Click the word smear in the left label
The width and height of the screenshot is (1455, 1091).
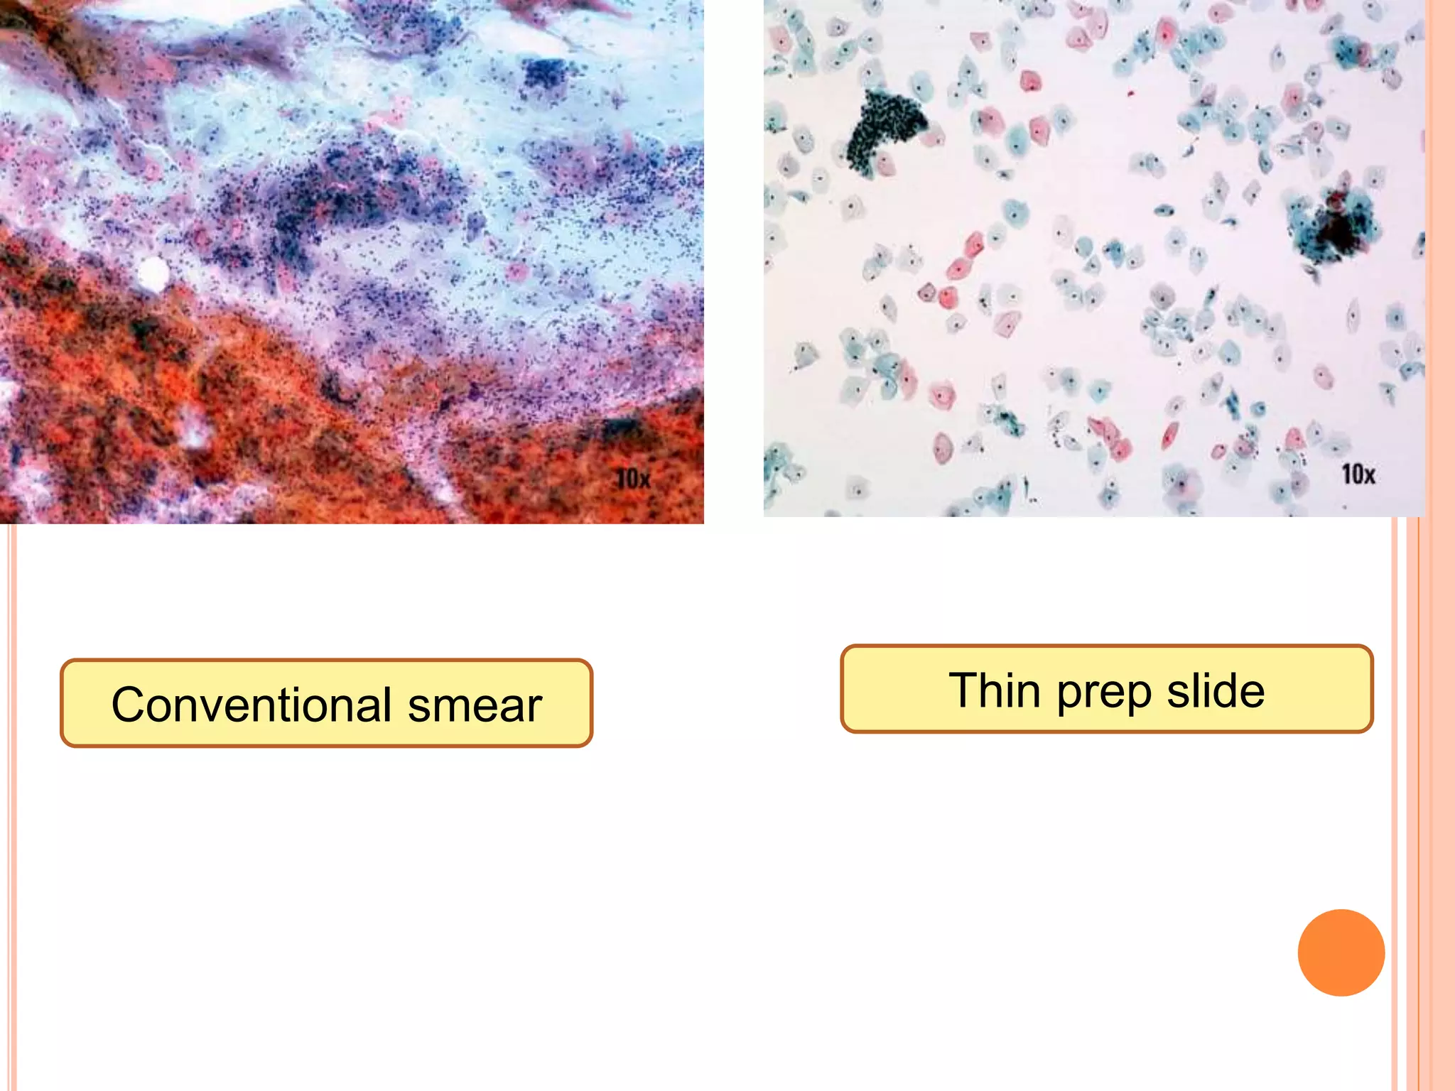click(x=475, y=705)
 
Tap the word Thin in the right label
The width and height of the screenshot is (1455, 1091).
click(x=995, y=690)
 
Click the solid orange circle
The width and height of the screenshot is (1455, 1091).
click(x=1341, y=952)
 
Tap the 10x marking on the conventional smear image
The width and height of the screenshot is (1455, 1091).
click(x=632, y=478)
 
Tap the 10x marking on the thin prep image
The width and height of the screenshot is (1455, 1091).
click(x=1358, y=473)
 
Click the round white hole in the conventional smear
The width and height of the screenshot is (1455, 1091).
click(x=152, y=273)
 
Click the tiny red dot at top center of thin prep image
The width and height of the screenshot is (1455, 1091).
click(x=1130, y=93)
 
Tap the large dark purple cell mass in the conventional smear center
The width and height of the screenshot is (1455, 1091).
click(x=341, y=192)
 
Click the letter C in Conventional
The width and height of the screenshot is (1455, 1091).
click(x=129, y=705)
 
